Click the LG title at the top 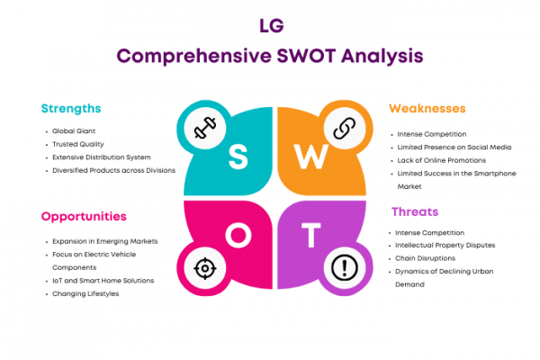tap(272, 25)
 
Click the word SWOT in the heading tap(306, 56)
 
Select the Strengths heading tap(71, 109)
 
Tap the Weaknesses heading tap(427, 109)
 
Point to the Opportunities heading tap(84, 217)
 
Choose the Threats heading tap(415, 211)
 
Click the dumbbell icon tap(205, 128)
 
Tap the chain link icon tap(345, 128)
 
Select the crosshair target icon tap(205, 268)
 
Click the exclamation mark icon tap(345, 267)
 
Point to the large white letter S tap(238, 157)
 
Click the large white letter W tap(311, 157)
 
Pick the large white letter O tap(238, 235)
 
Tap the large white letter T tap(311, 235)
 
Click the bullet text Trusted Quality tap(77, 144)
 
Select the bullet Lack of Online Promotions tap(442, 160)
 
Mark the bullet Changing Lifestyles tap(85, 294)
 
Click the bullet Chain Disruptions tap(425, 258)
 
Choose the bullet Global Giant tap(74, 131)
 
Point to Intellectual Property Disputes tap(445, 246)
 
